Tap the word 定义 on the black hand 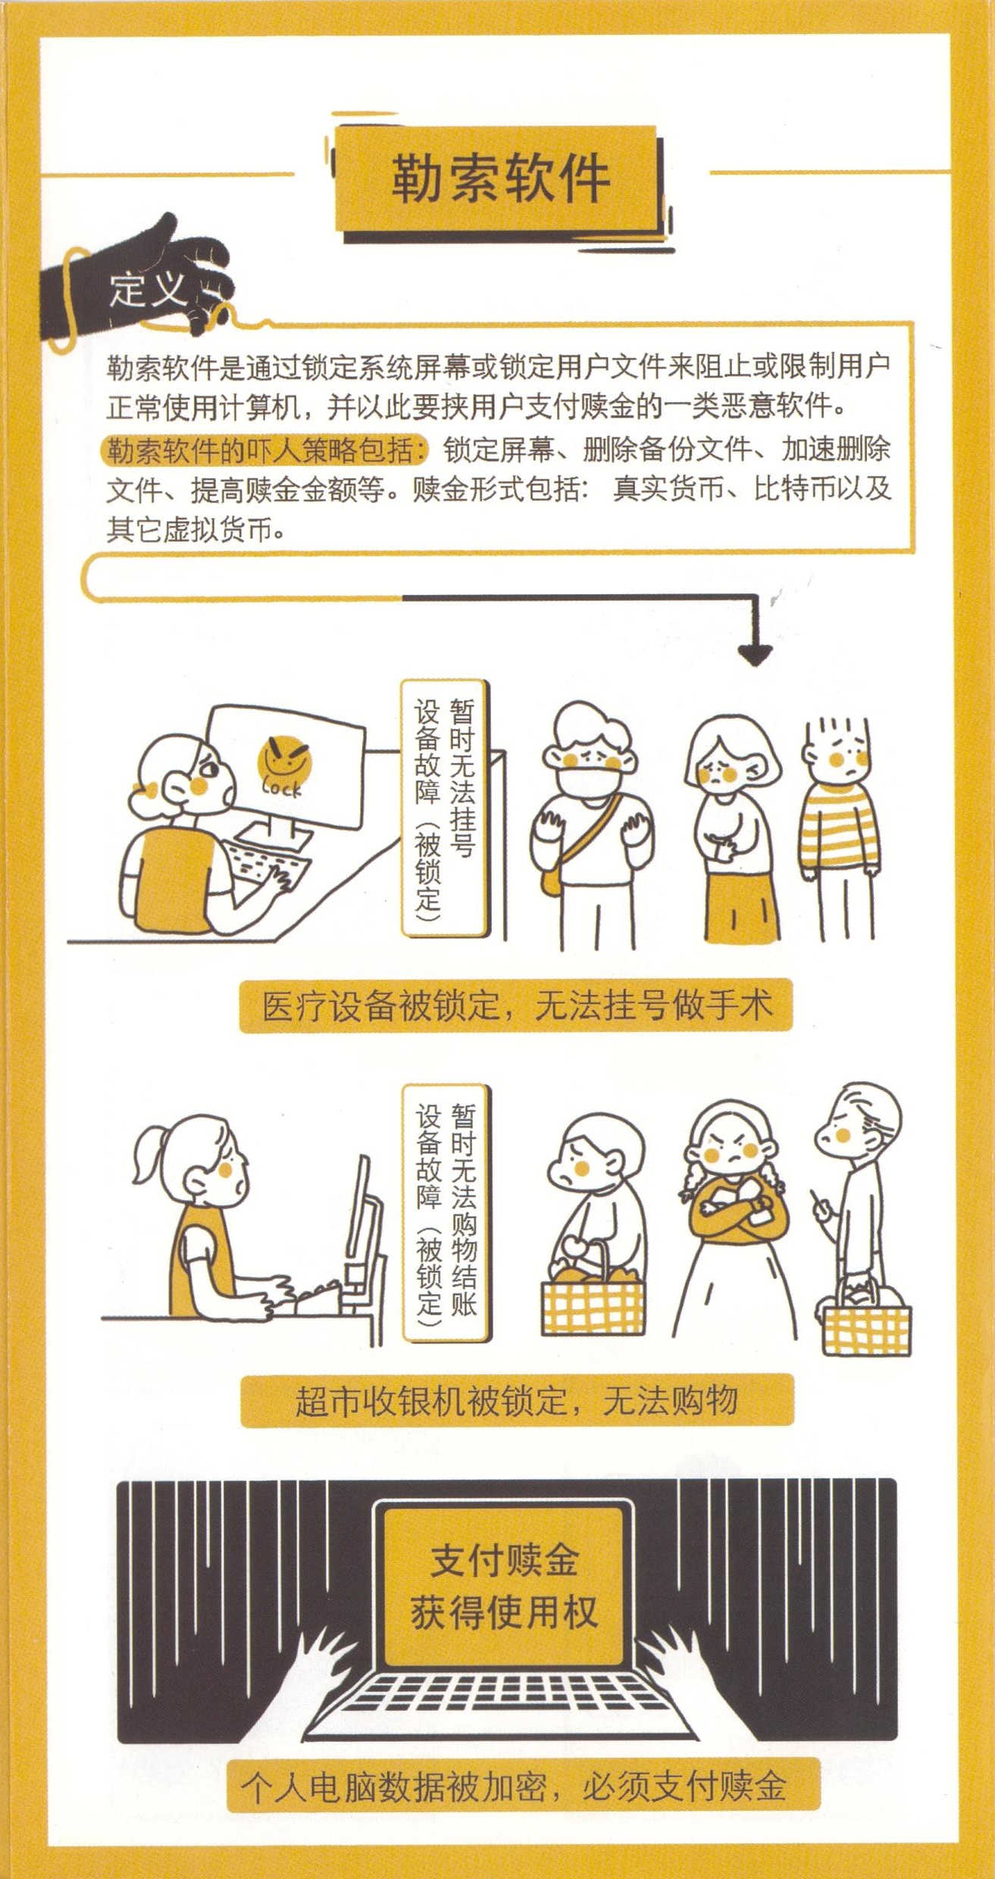point(148,289)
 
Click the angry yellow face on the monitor point(284,759)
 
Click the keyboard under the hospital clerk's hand point(270,867)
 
